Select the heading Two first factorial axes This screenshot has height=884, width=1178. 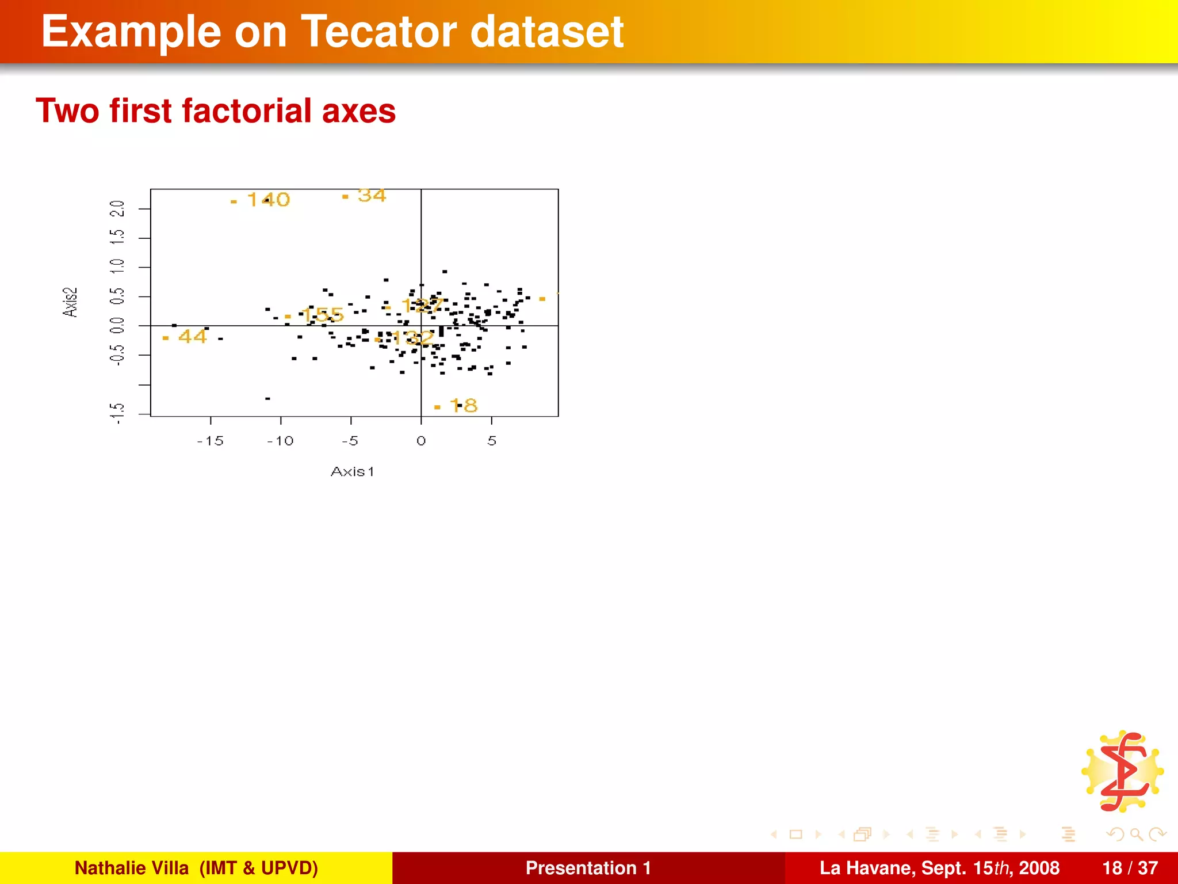click(216, 110)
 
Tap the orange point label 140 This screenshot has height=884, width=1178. click(268, 200)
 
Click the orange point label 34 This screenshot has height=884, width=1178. click(372, 196)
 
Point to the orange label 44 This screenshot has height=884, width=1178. click(192, 336)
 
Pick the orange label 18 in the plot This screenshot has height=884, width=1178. click(464, 406)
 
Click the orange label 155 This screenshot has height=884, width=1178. click(322, 315)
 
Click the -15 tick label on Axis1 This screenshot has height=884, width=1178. click(210, 441)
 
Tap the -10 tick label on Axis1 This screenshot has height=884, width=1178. click(280, 441)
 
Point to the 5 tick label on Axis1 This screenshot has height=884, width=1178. click(492, 441)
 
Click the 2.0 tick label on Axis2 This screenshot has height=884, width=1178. click(117, 208)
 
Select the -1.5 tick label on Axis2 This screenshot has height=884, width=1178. click(117, 413)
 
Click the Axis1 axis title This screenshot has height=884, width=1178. click(352, 472)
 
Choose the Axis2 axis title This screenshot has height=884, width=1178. click(70, 302)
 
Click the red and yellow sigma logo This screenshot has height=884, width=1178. click(1123, 771)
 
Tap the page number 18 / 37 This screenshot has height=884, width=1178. click(1130, 868)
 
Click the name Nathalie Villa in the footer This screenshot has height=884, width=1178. click(132, 868)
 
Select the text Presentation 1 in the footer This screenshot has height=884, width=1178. click(588, 868)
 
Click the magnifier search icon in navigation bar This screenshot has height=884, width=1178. click(1136, 835)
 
